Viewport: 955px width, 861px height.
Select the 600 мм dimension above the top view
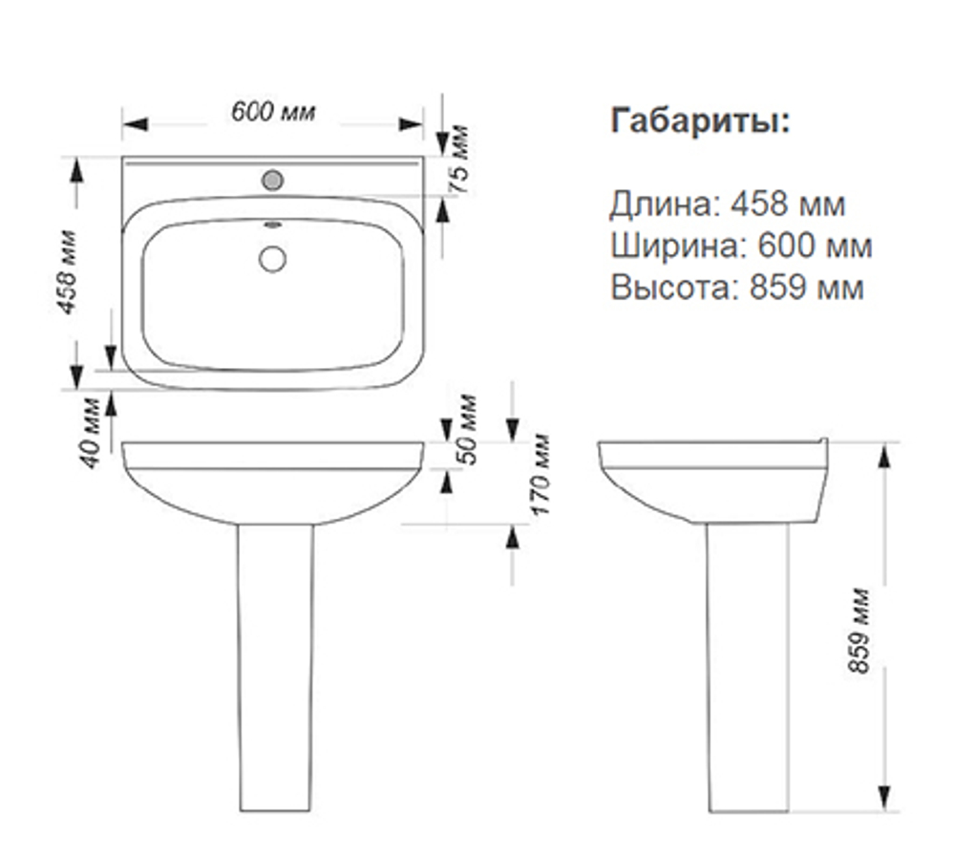click(x=273, y=111)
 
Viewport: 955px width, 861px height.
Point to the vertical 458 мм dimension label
click(x=67, y=271)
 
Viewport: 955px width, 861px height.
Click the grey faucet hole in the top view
click(x=272, y=179)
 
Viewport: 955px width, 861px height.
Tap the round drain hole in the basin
click(x=272, y=258)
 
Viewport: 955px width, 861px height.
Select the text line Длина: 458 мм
click(x=728, y=204)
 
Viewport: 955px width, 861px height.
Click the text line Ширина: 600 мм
click(x=741, y=246)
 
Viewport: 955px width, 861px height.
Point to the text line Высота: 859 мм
click(x=737, y=287)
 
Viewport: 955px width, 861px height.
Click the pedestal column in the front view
click(x=273, y=669)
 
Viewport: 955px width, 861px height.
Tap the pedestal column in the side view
click(x=748, y=669)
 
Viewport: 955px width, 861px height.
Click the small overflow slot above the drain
click(x=272, y=226)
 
